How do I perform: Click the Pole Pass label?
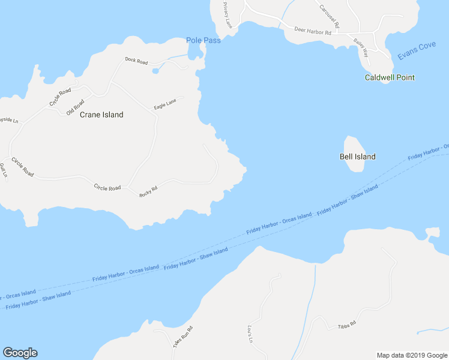coord(203,40)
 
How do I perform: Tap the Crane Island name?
coord(101,115)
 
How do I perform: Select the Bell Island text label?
coord(357,157)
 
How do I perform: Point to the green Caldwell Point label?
coord(390,77)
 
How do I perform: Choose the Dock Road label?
coord(136,61)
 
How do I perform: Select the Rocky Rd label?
coord(148,191)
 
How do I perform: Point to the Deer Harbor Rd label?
coord(313,31)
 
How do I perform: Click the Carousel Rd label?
coord(330,16)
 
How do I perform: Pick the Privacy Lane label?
coord(228,15)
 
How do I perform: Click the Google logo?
coord(20,353)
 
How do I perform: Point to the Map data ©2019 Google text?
coord(411,355)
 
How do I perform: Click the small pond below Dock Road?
coord(156,71)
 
